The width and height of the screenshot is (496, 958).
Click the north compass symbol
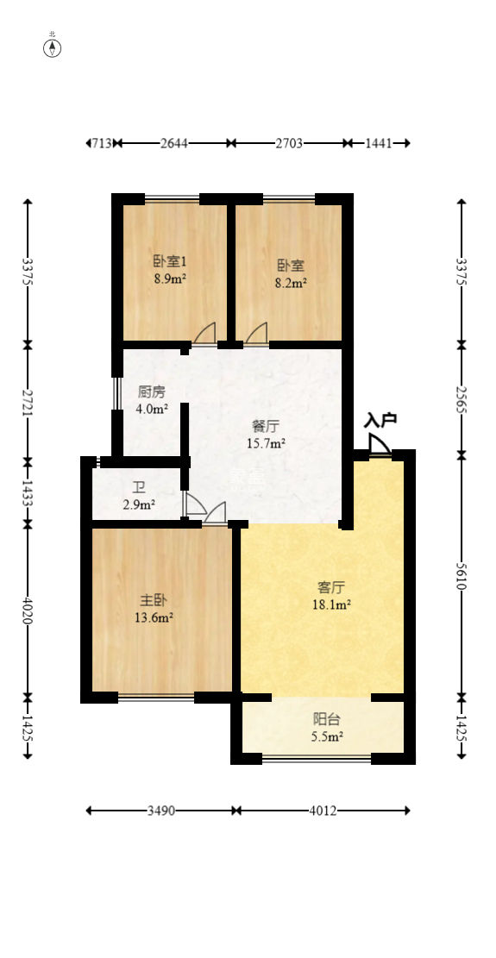(53, 47)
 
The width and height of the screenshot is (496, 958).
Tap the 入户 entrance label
(380, 420)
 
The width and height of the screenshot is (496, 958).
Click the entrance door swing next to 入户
(379, 443)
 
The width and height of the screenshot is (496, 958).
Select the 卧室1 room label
(170, 261)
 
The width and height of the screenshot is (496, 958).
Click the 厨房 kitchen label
(152, 390)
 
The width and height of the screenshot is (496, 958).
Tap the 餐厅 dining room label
(266, 425)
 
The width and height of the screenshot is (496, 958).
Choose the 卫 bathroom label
(138, 486)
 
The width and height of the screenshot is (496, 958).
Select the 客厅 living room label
(332, 587)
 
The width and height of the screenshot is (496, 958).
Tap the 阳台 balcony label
(325, 718)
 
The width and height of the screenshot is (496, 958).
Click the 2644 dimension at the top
(174, 143)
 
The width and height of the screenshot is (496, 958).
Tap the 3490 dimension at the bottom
(161, 811)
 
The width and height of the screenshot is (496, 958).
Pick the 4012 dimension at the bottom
(323, 811)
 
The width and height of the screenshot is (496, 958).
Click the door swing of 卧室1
(204, 333)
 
